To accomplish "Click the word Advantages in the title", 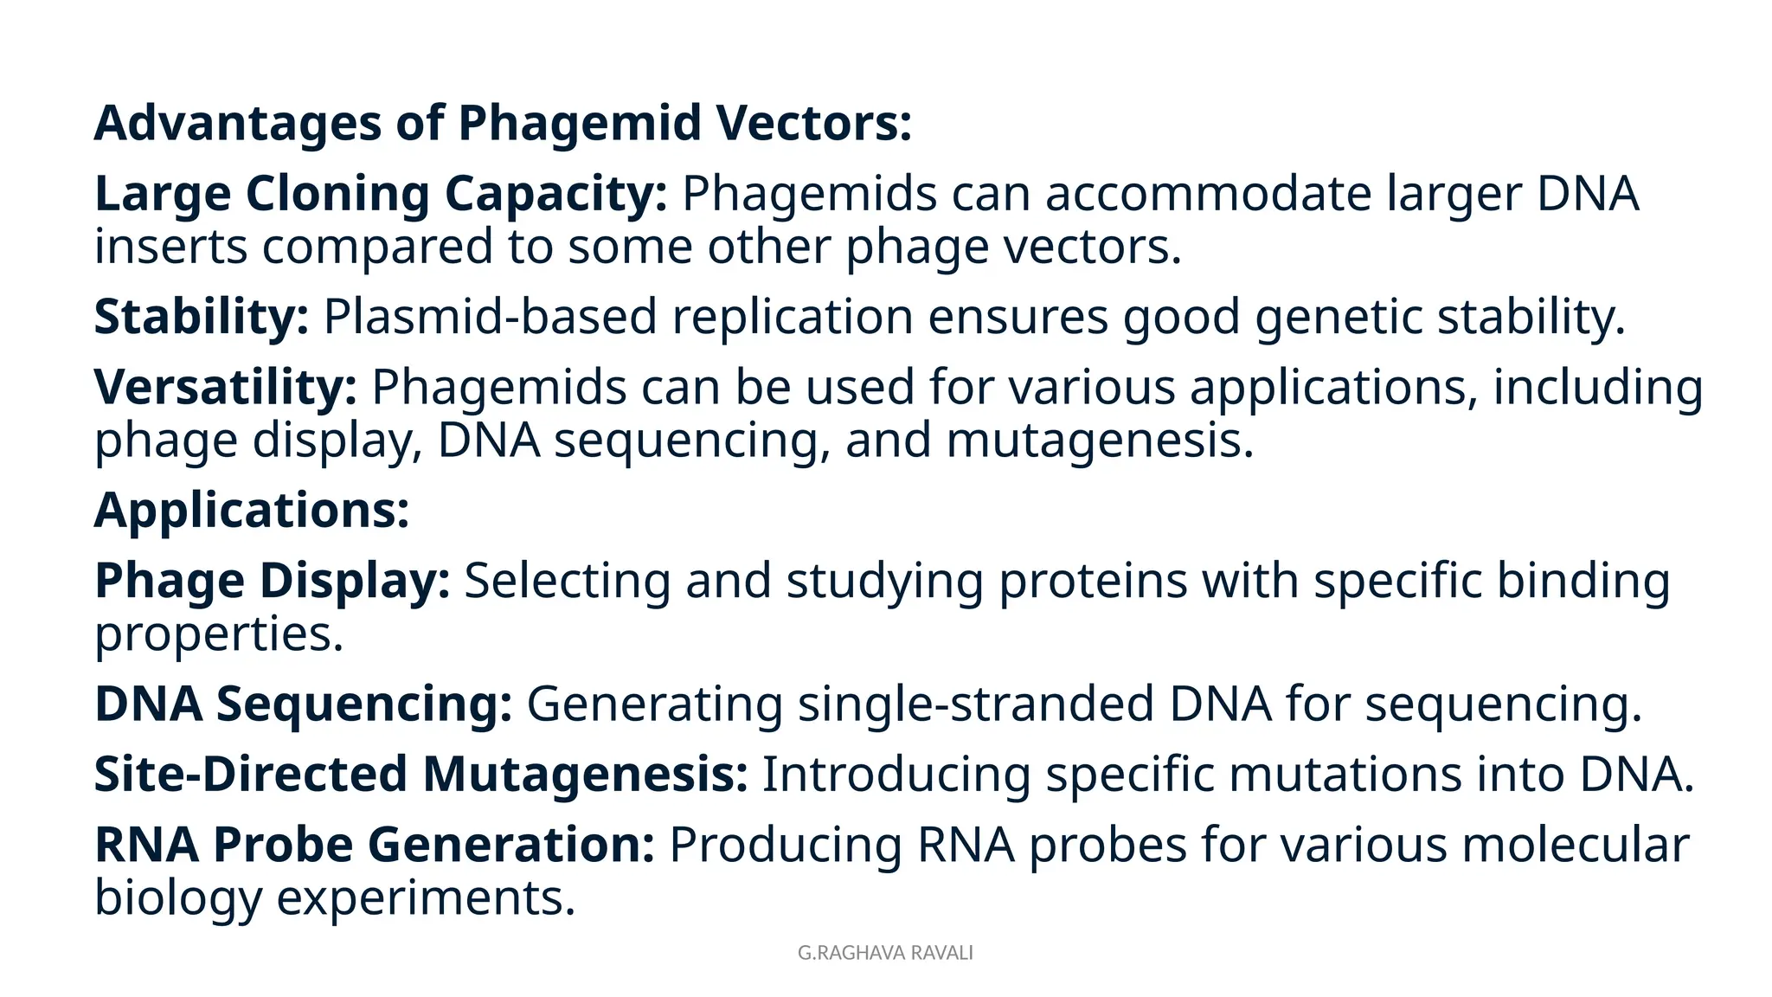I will coord(237,123).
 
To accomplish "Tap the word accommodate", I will coord(1208,193).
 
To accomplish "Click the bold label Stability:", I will coord(201,317).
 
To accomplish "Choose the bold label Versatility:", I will coord(225,387).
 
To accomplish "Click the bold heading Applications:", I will coord(251,510).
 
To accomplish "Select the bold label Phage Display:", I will coord(272,580).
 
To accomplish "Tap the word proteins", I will coord(1093,580).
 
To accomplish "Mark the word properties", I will coord(218,634).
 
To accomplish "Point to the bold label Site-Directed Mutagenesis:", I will coord(421,774).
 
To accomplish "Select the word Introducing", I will coord(896,774).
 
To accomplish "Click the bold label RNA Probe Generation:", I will coord(374,845).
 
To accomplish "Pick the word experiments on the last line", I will coord(425,898).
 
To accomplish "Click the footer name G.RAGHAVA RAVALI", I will coord(885,953).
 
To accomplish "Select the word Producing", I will coord(785,845).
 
